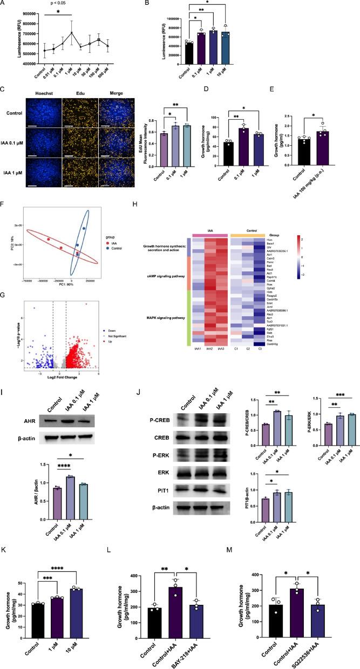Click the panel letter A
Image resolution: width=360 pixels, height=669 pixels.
[6, 4]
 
